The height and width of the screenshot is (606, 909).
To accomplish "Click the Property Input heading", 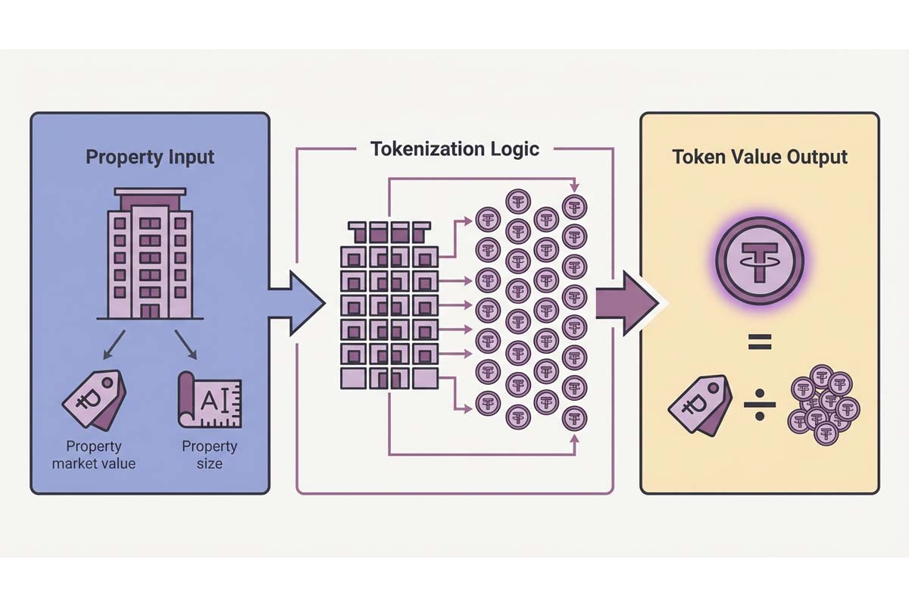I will [x=150, y=158].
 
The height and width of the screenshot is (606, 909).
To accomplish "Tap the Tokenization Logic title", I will [x=454, y=148].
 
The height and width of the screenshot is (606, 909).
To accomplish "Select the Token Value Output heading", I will [x=760, y=158].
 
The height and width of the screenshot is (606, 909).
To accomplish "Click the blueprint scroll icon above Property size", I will [x=208, y=398].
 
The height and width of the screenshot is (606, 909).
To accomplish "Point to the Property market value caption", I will [x=94, y=454].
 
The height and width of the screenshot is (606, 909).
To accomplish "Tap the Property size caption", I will [x=209, y=454].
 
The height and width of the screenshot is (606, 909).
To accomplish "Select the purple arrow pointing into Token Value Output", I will [x=626, y=303].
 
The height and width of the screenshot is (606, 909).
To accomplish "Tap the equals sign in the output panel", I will [x=759, y=344].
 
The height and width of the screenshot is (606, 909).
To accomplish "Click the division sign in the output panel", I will [x=759, y=410].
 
